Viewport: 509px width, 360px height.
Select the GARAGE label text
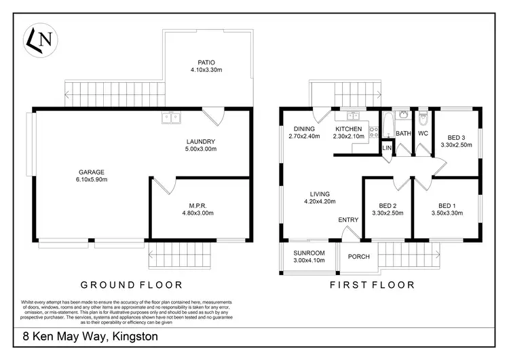coord(92,175)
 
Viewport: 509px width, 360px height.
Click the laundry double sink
coord(171,118)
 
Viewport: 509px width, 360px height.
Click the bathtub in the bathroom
coord(387,126)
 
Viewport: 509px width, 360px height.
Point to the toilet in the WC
coord(423,120)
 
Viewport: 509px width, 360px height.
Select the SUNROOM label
coord(309,253)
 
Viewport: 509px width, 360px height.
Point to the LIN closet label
coord(387,147)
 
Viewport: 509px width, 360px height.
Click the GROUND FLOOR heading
coord(132,285)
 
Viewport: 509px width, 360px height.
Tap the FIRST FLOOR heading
coord(372,285)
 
